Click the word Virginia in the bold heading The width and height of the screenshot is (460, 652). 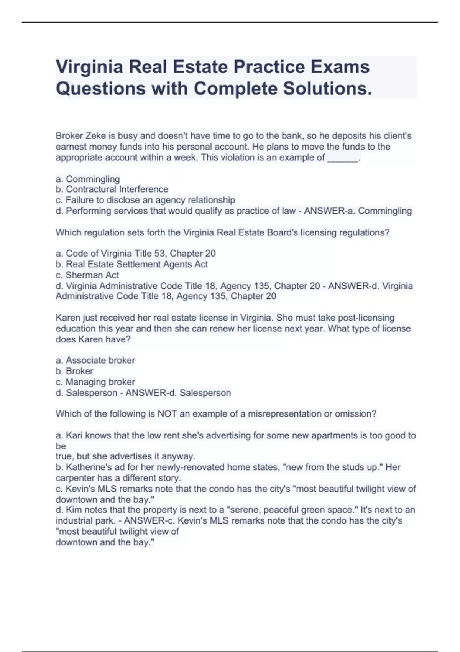tap(89, 68)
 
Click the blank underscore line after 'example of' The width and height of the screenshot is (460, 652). tap(343, 158)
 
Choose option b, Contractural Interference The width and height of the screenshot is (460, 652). tap(112, 189)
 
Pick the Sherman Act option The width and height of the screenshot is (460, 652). tap(87, 275)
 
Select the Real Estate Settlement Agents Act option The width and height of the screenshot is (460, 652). tap(132, 264)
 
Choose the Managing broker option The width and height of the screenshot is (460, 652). tap(95, 382)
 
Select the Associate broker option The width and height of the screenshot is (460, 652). tap(95, 360)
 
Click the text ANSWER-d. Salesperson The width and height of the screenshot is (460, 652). tap(178, 393)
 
